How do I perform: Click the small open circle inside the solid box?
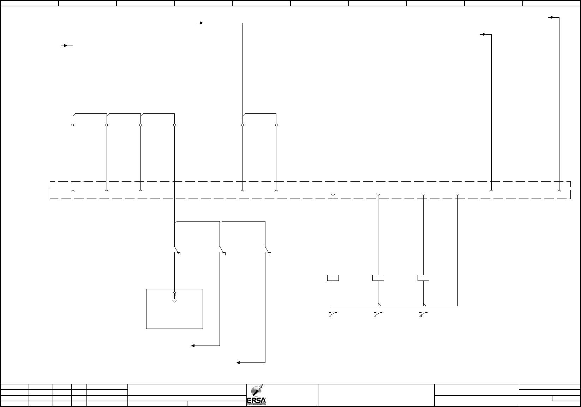tap(174, 300)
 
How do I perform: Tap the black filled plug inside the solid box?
tap(174, 294)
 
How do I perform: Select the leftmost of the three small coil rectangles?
tap(333, 278)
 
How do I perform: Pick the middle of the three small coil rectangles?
tap(378, 278)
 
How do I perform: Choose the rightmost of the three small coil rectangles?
tap(423, 278)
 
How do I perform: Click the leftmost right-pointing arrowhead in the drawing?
tap(65, 46)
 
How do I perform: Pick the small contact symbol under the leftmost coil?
tap(333, 314)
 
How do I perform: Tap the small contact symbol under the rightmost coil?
tap(423, 314)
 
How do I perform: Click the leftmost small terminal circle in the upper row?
tap(73, 125)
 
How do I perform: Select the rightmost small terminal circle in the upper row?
tap(276, 125)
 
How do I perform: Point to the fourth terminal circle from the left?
tap(174, 125)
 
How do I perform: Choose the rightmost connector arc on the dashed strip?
tap(559, 191)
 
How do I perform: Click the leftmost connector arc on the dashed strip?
tap(73, 191)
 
